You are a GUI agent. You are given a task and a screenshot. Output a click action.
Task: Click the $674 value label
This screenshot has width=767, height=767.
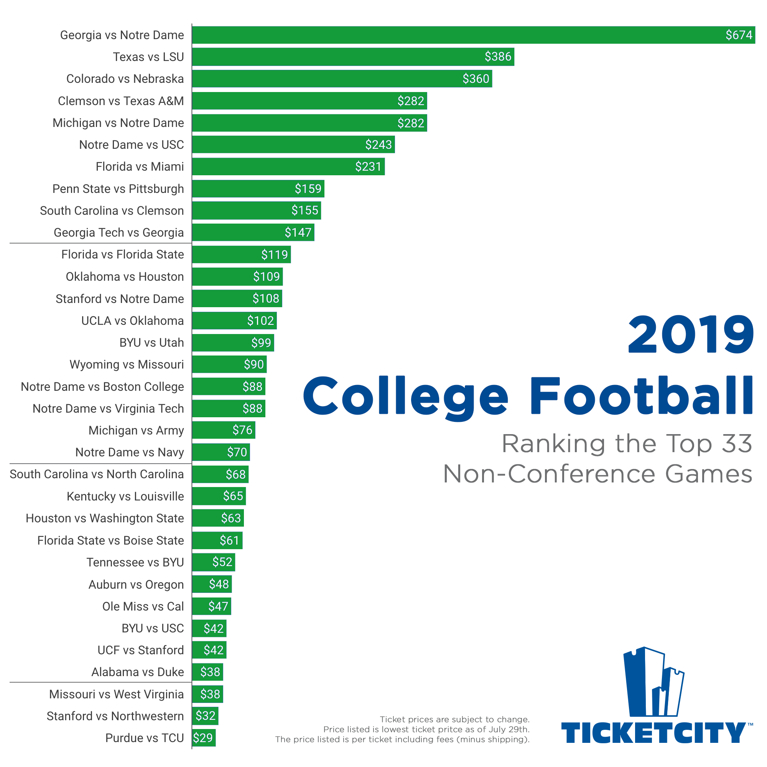pos(738,35)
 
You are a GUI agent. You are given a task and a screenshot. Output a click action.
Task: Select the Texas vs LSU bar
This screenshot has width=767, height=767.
pos(352,57)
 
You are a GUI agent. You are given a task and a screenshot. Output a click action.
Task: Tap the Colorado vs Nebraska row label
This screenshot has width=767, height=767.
pos(125,79)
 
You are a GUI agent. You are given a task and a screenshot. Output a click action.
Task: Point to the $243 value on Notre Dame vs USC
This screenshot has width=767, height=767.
pos(379,145)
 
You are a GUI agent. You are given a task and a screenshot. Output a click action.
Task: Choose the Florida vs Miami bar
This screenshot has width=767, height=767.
pos(288,167)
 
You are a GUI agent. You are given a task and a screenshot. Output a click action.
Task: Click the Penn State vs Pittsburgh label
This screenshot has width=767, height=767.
pos(118,189)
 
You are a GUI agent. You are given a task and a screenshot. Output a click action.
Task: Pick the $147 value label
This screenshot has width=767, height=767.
pos(298,233)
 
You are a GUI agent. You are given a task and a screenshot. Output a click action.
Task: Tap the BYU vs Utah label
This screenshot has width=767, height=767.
pos(151,342)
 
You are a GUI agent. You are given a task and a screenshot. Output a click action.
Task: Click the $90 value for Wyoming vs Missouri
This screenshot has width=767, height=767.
pos(253,364)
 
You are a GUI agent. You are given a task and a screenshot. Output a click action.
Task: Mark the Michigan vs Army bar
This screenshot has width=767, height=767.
pos(223,430)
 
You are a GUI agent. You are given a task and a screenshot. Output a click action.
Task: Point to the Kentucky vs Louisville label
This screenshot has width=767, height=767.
pos(125,496)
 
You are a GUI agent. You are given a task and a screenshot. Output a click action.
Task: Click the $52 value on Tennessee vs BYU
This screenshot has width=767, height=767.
pos(222,562)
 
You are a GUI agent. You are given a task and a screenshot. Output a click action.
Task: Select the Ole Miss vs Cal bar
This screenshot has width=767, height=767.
pos(211,606)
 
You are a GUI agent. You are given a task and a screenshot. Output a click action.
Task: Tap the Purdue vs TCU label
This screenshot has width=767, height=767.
pos(145,738)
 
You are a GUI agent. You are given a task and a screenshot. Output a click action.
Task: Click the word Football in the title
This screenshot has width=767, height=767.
pos(641,396)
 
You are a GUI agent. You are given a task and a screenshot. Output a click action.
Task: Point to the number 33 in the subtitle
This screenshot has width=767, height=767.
pos(736,443)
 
